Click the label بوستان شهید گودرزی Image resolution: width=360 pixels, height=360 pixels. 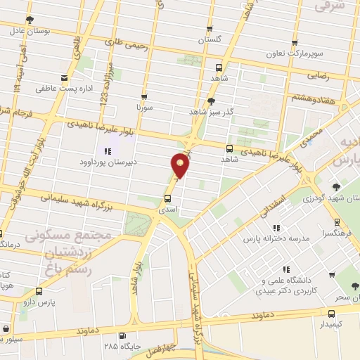(x=309, y=199)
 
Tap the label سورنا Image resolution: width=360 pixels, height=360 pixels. (x=143, y=108)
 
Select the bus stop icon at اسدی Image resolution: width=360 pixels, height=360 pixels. (x=167, y=200)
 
